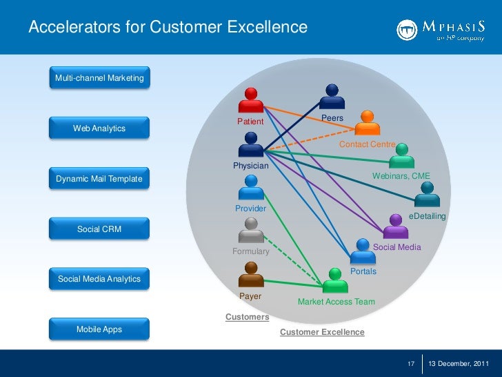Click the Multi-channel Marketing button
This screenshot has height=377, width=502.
tap(99, 79)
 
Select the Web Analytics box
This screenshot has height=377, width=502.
tap(99, 128)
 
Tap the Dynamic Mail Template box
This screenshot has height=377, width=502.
tap(99, 179)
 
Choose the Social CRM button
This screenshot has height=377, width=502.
tap(99, 229)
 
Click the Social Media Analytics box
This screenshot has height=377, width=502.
tap(99, 279)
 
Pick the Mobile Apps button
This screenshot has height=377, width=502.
tap(99, 329)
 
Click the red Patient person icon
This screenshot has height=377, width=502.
tap(250, 101)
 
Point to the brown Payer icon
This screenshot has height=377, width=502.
tap(250, 276)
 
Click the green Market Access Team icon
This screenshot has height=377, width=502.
tap(335, 281)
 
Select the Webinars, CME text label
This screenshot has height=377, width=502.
tap(401, 177)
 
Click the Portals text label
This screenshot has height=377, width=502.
tap(363, 271)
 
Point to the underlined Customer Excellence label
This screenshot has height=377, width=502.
tap(322, 332)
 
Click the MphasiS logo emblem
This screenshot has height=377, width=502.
tap(407, 29)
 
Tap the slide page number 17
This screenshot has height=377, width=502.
tap(411, 364)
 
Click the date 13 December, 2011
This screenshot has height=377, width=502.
tap(459, 364)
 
